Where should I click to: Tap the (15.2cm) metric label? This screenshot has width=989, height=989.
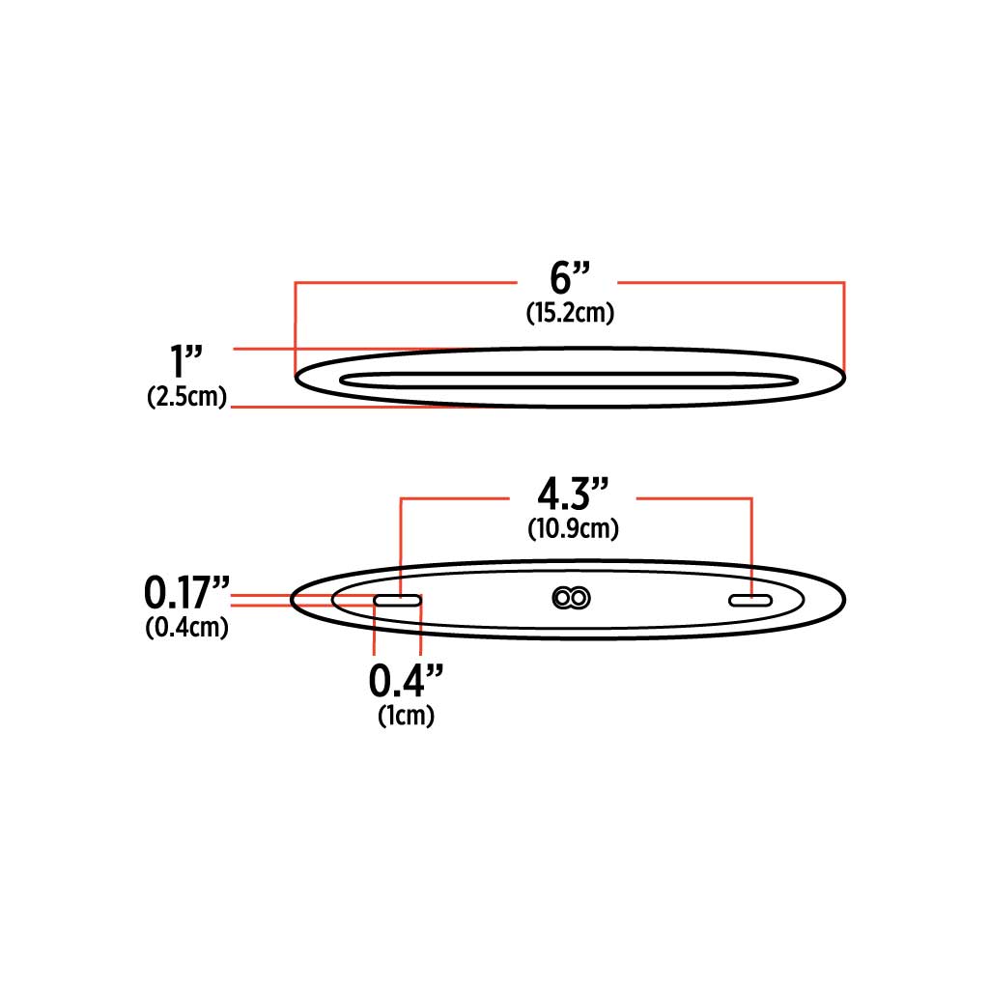tap(571, 314)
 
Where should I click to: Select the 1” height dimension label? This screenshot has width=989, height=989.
tap(186, 363)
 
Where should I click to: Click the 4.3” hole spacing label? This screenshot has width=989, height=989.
tap(573, 495)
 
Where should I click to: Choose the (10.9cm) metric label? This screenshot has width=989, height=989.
tap(573, 529)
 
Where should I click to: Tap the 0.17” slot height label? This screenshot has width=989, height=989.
tap(187, 590)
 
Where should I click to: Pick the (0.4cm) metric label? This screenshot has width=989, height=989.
tap(187, 627)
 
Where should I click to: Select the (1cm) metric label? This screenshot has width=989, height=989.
tap(406, 716)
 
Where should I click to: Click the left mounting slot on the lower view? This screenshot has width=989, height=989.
tap(398, 601)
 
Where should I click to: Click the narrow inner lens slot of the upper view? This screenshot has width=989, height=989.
tap(569, 379)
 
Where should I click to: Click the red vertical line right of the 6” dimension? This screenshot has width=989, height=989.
tap(844, 324)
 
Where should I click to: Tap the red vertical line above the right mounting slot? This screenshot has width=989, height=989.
tap(751, 541)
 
